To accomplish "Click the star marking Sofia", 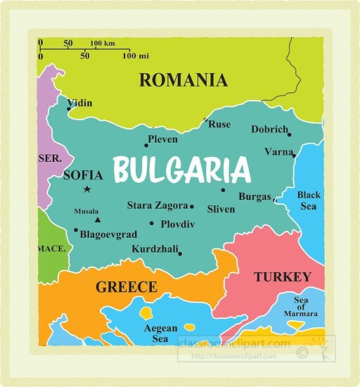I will point(86,189).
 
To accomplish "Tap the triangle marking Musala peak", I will point(97,220).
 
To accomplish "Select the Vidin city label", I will point(79,103).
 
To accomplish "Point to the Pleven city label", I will point(162,139).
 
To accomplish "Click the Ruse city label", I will point(219,125).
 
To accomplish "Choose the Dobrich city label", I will point(269,129).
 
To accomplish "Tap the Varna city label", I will point(278,151).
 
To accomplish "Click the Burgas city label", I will point(255,197).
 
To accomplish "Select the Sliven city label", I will point(221,209).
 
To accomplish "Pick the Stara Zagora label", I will point(157,205).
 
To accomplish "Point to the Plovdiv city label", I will point(177,224).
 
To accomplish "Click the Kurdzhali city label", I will point(155,249).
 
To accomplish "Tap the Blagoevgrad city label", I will point(108,234).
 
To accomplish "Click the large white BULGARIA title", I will point(181,170).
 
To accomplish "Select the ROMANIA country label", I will point(183,80).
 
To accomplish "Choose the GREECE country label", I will point(126,287).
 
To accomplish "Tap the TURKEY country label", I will point(282,277).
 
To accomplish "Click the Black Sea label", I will point(308,201).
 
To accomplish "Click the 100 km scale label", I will point(102,43).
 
